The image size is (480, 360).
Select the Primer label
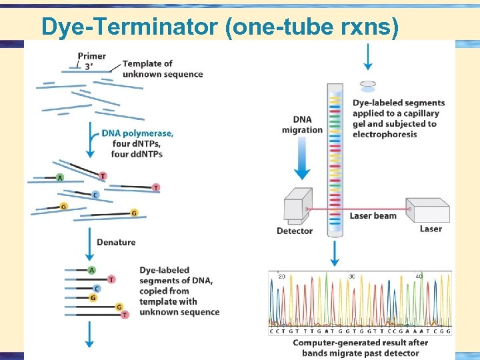pos(91,56)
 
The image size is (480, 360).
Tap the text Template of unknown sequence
pos(162,69)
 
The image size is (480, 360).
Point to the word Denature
pos(116,242)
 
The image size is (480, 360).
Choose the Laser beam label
pos(373,215)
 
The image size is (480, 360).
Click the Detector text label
pos(295,231)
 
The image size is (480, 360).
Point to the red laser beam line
pos(373,208)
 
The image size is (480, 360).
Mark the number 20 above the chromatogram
pos(281,276)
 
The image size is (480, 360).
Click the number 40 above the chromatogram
pos(419,276)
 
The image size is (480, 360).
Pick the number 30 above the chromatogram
pos(351,276)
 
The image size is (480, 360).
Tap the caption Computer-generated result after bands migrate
pos(360,347)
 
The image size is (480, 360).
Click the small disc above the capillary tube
pos(367,85)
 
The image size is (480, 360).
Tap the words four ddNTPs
pos(137,154)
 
